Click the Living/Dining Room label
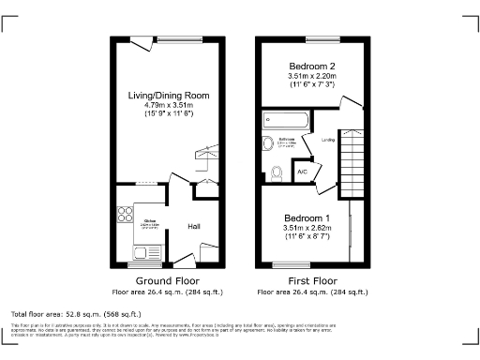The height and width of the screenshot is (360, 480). tap(169, 95)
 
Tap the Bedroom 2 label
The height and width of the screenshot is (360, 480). tap(313, 66)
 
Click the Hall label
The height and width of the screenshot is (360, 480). tap(194, 226)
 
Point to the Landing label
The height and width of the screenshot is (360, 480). tap(328, 141)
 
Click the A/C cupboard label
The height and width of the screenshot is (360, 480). tap(303, 172)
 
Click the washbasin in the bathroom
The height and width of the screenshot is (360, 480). tap(270, 143)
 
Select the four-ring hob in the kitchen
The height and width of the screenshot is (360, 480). tap(125, 212)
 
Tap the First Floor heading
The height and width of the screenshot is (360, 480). tap(313, 280)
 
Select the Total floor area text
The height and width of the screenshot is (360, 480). tap(76, 313)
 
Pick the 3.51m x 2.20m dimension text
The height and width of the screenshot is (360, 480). tap(313, 75)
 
